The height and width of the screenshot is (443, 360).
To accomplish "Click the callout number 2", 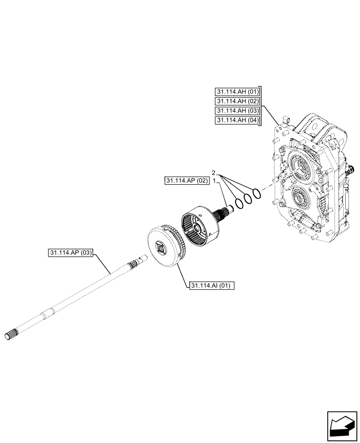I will [214, 172].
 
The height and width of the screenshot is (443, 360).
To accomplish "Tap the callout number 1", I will [214, 181].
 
